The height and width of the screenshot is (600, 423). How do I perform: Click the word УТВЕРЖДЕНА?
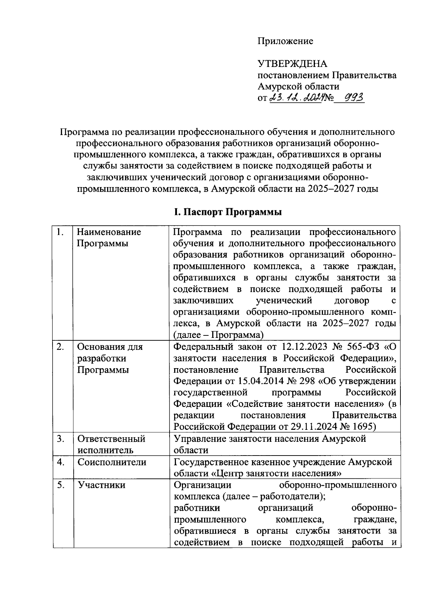pos(293,64)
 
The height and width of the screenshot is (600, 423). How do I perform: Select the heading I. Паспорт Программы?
pos(227,212)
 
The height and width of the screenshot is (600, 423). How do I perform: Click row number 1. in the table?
pos(61,232)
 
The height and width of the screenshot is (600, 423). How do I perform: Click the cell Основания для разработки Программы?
pos(110,358)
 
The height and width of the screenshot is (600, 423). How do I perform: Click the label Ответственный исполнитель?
pos(111,444)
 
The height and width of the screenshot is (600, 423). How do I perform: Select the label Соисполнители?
pos(112,462)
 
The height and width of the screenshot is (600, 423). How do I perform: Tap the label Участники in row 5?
pos(102,485)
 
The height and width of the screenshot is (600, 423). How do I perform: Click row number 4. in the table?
pos(61,462)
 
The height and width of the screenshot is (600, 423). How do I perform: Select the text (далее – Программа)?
pos(219,334)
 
